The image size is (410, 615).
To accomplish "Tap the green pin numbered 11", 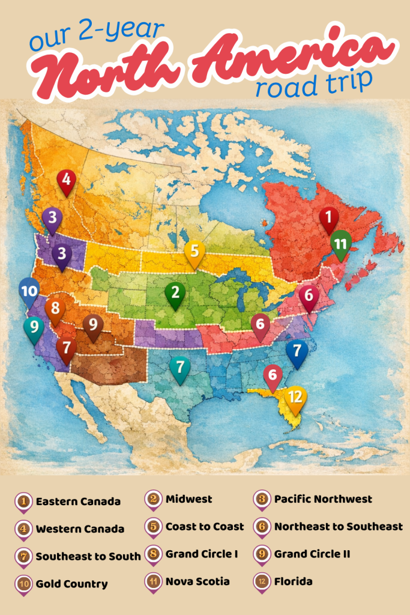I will click(x=341, y=244).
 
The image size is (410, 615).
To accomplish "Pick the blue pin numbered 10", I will click(x=29, y=291).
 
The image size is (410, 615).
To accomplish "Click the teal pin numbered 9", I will click(x=34, y=328).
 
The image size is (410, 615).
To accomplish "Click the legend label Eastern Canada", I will click(x=78, y=501).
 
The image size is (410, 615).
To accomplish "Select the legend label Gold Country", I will click(x=71, y=584).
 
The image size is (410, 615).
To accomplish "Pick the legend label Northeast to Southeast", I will click(x=339, y=527).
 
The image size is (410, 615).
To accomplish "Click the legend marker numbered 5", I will click(x=154, y=527).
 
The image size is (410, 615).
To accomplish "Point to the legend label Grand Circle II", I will click(x=312, y=554).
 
